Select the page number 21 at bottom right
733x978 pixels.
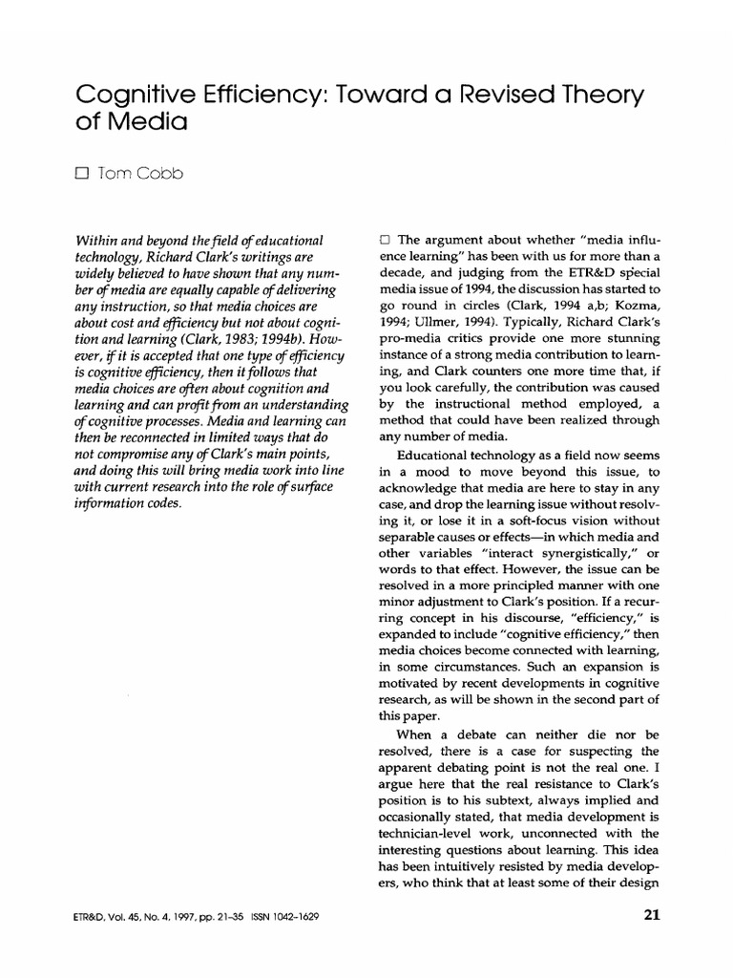pyautogui.click(x=652, y=916)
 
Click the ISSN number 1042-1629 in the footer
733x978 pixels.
pyautogui.click(x=288, y=917)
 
